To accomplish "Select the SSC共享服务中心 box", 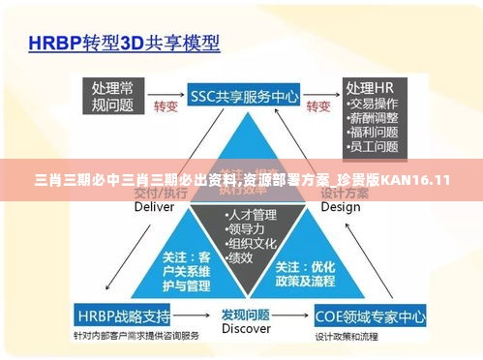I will click(244, 96).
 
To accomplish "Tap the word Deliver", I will click(154, 206).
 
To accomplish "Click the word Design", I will click(340, 206).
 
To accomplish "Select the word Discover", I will click(246, 328).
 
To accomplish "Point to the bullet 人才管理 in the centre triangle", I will click(251, 214).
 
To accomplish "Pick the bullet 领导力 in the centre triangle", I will click(246, 228).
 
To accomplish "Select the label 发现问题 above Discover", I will click(246, 314).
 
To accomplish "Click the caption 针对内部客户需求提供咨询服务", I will click(135, 334).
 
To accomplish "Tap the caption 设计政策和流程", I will click(346, 335).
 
